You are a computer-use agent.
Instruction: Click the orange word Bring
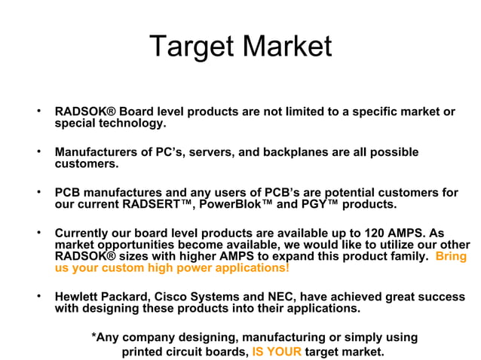pyautogui.click(x=451, y=256)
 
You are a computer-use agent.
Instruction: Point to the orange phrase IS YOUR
pyautogui.click(x=277, y=352)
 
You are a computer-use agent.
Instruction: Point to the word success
pyautogui.click(x=443, y=296)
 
